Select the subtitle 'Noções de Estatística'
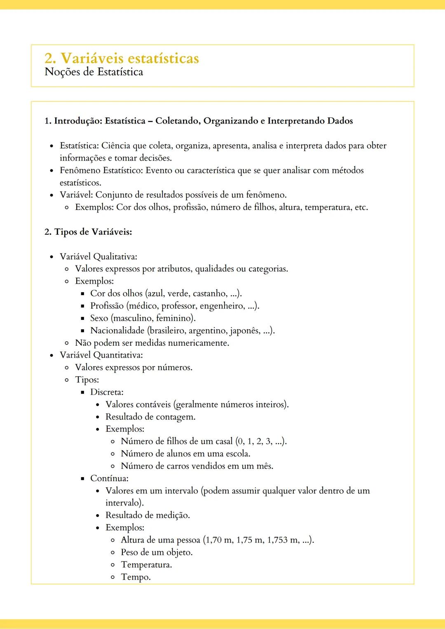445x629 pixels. (x=94, y=72)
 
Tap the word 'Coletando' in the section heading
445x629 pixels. (x=177, y=121)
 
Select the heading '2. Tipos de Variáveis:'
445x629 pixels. (x=88, y=232)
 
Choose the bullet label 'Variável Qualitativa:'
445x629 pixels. (x=98, y=256)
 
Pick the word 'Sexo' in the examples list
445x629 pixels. (x=99, y=318)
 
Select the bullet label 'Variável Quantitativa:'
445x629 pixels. (x=101, y=355)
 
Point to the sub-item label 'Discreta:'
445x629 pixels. (x=107, y=392)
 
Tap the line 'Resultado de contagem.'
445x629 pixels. (x=150, y=417)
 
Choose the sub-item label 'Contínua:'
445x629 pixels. (x=109, y=478)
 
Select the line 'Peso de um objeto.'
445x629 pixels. (x=157, y=552)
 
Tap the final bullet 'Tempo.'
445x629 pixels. (x=136, y=577)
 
